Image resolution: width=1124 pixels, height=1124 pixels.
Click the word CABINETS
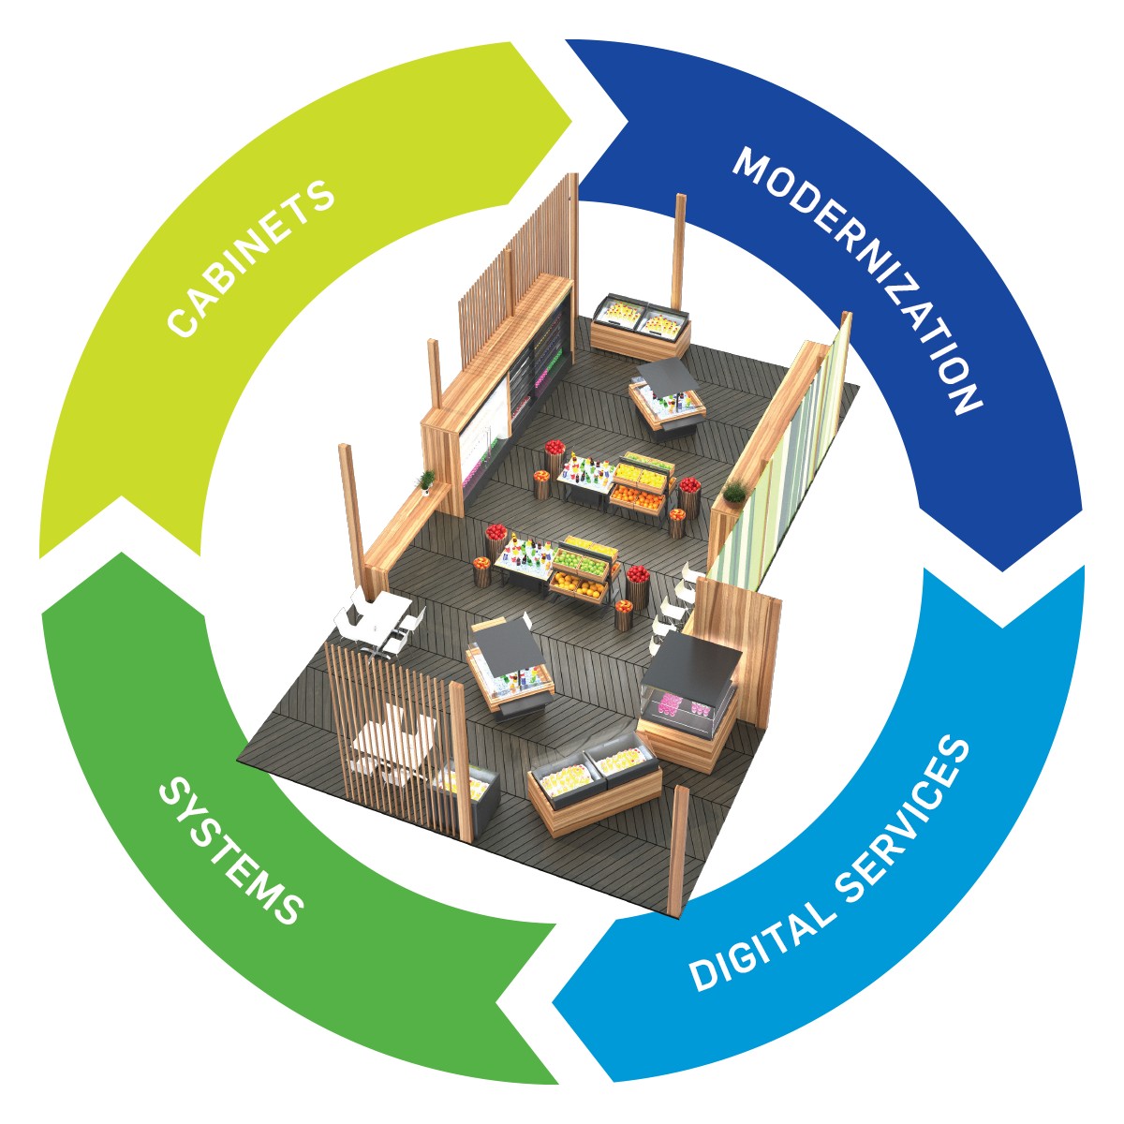[x=251, y=258]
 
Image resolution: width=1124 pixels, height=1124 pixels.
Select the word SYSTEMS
[x=230, y=851]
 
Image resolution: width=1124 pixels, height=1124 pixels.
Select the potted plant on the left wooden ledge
[x=424, y=481]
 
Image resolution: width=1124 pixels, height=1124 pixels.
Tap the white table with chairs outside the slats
[x=379, y=618]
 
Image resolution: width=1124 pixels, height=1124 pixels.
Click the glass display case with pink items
[x=684, y=707]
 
